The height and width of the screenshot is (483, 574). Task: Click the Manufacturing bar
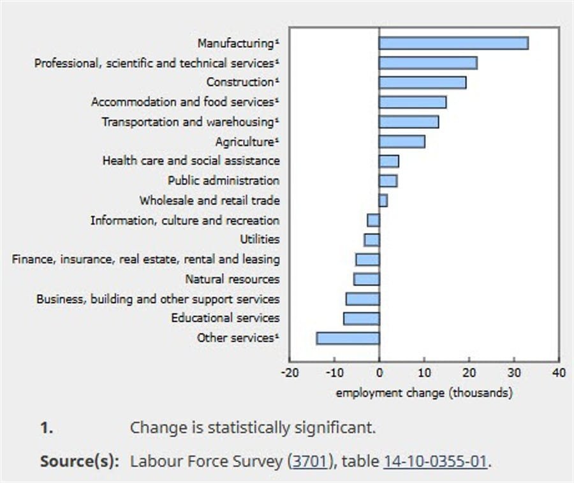pos(453,43)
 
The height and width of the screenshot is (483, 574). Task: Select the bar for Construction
pos(422,82)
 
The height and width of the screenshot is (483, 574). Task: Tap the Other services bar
pos(348,338)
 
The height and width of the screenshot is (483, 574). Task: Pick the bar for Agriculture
pos(402,142)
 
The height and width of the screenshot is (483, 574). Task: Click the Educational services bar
pos(362,318)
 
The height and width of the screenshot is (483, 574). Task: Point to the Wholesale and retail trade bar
pos(383,200)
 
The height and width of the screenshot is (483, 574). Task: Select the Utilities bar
pos(372,240)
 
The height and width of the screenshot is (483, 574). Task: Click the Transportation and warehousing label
pos(191,122)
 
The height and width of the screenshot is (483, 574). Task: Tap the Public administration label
pos(223,181)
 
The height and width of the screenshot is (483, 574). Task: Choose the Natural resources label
pos(232,279)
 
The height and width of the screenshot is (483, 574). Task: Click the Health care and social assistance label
pos(191,161)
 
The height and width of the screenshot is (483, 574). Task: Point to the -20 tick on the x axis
pos(289,373)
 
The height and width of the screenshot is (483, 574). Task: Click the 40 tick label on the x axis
pos(559,373)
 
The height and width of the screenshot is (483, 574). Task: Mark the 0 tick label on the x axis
pos(379,373)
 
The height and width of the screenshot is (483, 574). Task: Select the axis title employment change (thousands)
pos(423,393)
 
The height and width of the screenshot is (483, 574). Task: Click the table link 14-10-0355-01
pos(435,461)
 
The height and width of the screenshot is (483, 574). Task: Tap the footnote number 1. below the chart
pos(47,427)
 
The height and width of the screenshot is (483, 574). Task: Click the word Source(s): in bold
pos(80,461)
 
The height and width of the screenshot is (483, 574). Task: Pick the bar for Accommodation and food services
pos(412,102)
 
